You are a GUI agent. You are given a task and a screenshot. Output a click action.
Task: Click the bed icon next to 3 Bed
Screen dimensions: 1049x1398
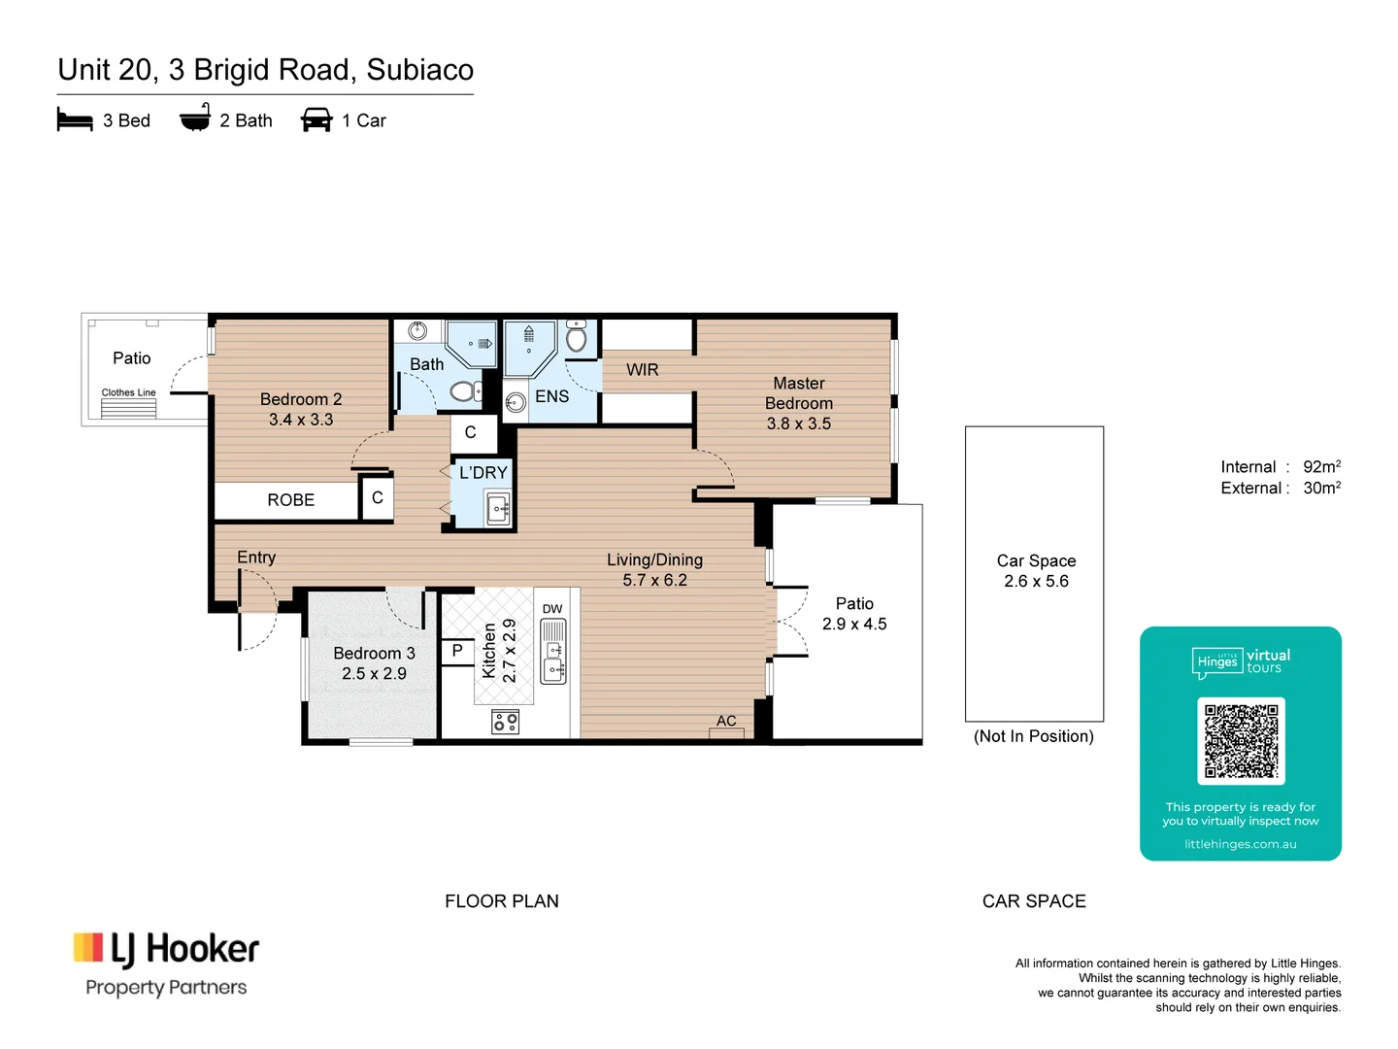click(x=75, y=120)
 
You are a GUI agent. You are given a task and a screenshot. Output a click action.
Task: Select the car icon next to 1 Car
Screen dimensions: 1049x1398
click(x=316, y=120)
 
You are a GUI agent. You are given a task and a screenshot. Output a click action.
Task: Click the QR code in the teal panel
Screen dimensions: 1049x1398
click(x=1241, y=741)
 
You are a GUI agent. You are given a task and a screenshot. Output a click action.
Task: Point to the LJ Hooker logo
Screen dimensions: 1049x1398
click(x=166, y=950)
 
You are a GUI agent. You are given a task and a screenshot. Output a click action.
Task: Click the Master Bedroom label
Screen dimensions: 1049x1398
click(x=798, y=393)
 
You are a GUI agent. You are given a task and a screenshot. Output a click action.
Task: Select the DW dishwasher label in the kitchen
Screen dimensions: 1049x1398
click(x=552, y=609)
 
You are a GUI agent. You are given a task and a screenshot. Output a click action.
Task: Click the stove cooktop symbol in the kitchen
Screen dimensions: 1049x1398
click(x=505, y=722)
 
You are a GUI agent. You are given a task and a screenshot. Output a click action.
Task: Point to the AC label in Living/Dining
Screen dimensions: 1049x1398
click(x=726, y=721)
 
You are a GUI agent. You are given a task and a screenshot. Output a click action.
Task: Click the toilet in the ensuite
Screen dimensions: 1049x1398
click(x=577, y=338)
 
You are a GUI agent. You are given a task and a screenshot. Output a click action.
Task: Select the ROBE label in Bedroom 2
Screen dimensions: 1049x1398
click(x=290, y=500)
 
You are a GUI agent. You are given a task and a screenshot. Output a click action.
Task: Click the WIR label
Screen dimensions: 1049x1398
click(x=642, y=370)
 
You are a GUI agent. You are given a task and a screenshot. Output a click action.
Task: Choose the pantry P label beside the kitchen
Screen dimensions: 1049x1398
click(x=457, y=651)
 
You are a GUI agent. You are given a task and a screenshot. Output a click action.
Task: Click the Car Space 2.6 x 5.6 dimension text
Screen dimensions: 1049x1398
click(x=1036, y=582)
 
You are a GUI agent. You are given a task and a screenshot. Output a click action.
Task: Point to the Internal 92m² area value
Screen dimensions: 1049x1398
click(x=1321, y=467)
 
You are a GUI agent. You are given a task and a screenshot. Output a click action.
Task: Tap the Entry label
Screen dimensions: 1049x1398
click(x=256, y=558)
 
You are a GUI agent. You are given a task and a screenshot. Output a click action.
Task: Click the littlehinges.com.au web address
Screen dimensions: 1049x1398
click(x=1240, y=844)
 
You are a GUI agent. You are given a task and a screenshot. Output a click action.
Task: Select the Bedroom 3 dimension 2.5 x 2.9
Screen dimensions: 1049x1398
click(x=374, y=674)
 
